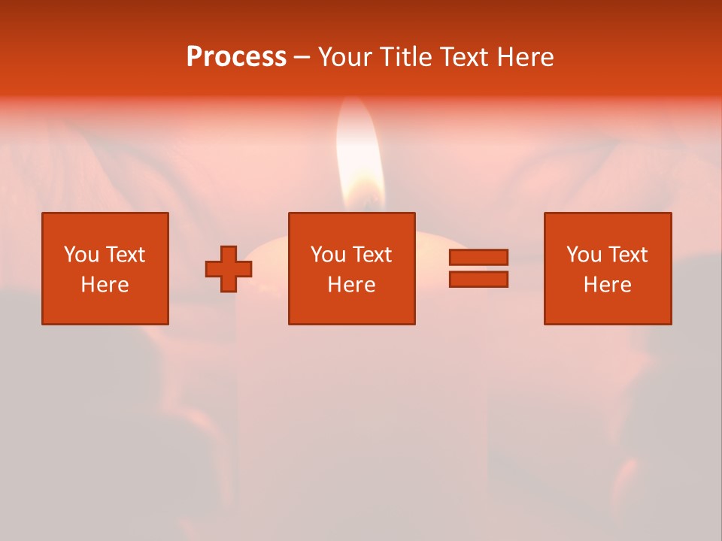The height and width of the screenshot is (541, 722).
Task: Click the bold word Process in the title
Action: tap(236, 56)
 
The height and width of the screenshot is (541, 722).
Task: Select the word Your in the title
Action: tap(344, 56)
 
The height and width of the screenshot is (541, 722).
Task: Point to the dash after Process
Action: tap(302, 57)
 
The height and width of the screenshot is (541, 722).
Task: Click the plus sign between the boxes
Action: tap(229, 269)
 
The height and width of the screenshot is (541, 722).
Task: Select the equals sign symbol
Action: tap(478, 268)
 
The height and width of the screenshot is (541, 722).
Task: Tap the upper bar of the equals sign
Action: tap(478, 258)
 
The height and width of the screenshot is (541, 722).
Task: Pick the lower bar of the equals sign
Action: tap(478, 279)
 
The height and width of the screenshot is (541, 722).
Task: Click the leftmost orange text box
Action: tap(105, 268)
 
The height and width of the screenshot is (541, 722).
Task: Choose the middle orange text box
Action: tap(351, 268)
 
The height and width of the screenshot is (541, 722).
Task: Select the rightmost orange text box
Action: tap(607, 268)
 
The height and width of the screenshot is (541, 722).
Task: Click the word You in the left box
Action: tap(81, 255)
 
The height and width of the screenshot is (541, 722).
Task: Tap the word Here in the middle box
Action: tap(351, 285)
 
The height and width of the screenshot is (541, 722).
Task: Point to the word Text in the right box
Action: tap(627, 255)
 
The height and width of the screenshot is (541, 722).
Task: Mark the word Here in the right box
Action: tap(607, 285)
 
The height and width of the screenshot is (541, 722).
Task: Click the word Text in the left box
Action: tap(125, 255)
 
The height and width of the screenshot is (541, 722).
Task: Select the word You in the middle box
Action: tap(328, 255)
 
